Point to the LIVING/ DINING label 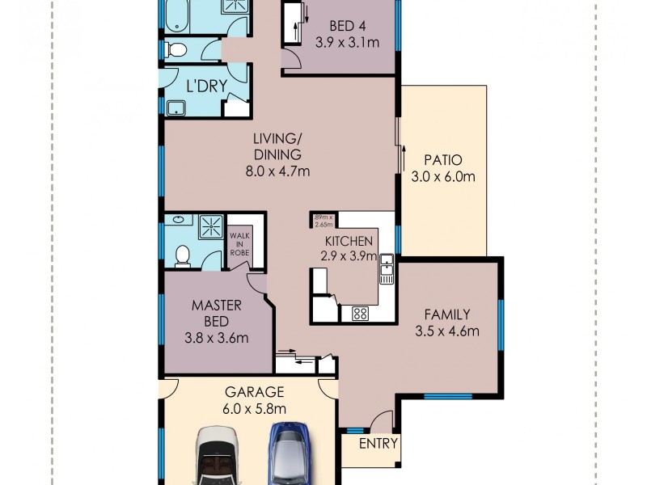(277, 147)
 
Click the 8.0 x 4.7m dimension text (277, 171)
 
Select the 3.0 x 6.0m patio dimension (442, 176)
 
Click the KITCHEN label (349, 240)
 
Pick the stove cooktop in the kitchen (360, 314)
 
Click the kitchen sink (387, 269)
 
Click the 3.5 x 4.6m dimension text (447, 331)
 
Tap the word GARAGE (254, 392)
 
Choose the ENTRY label (378, 443)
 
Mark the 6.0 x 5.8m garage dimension (254, 408)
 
